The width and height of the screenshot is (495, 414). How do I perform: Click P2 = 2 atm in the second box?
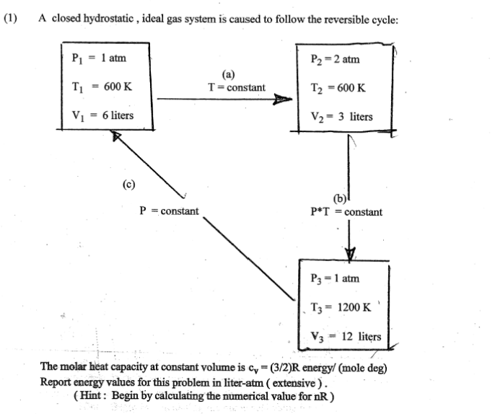(336, 59)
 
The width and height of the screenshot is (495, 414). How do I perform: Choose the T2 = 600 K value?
(338, 88)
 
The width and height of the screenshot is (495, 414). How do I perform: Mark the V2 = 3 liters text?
(341, 116)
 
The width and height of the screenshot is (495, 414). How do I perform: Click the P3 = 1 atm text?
(334, 278)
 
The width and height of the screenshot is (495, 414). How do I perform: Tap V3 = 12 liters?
(343, 336)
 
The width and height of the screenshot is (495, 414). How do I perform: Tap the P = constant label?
(169, 211)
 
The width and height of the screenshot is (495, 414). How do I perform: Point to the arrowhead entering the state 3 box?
(350, 253)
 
